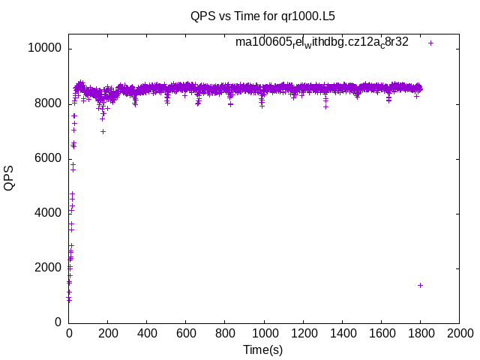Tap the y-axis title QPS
pos(9,178)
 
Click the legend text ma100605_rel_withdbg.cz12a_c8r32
pos(322,43)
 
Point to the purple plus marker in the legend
pos(430,43)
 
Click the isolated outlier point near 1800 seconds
pos(421,285)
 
